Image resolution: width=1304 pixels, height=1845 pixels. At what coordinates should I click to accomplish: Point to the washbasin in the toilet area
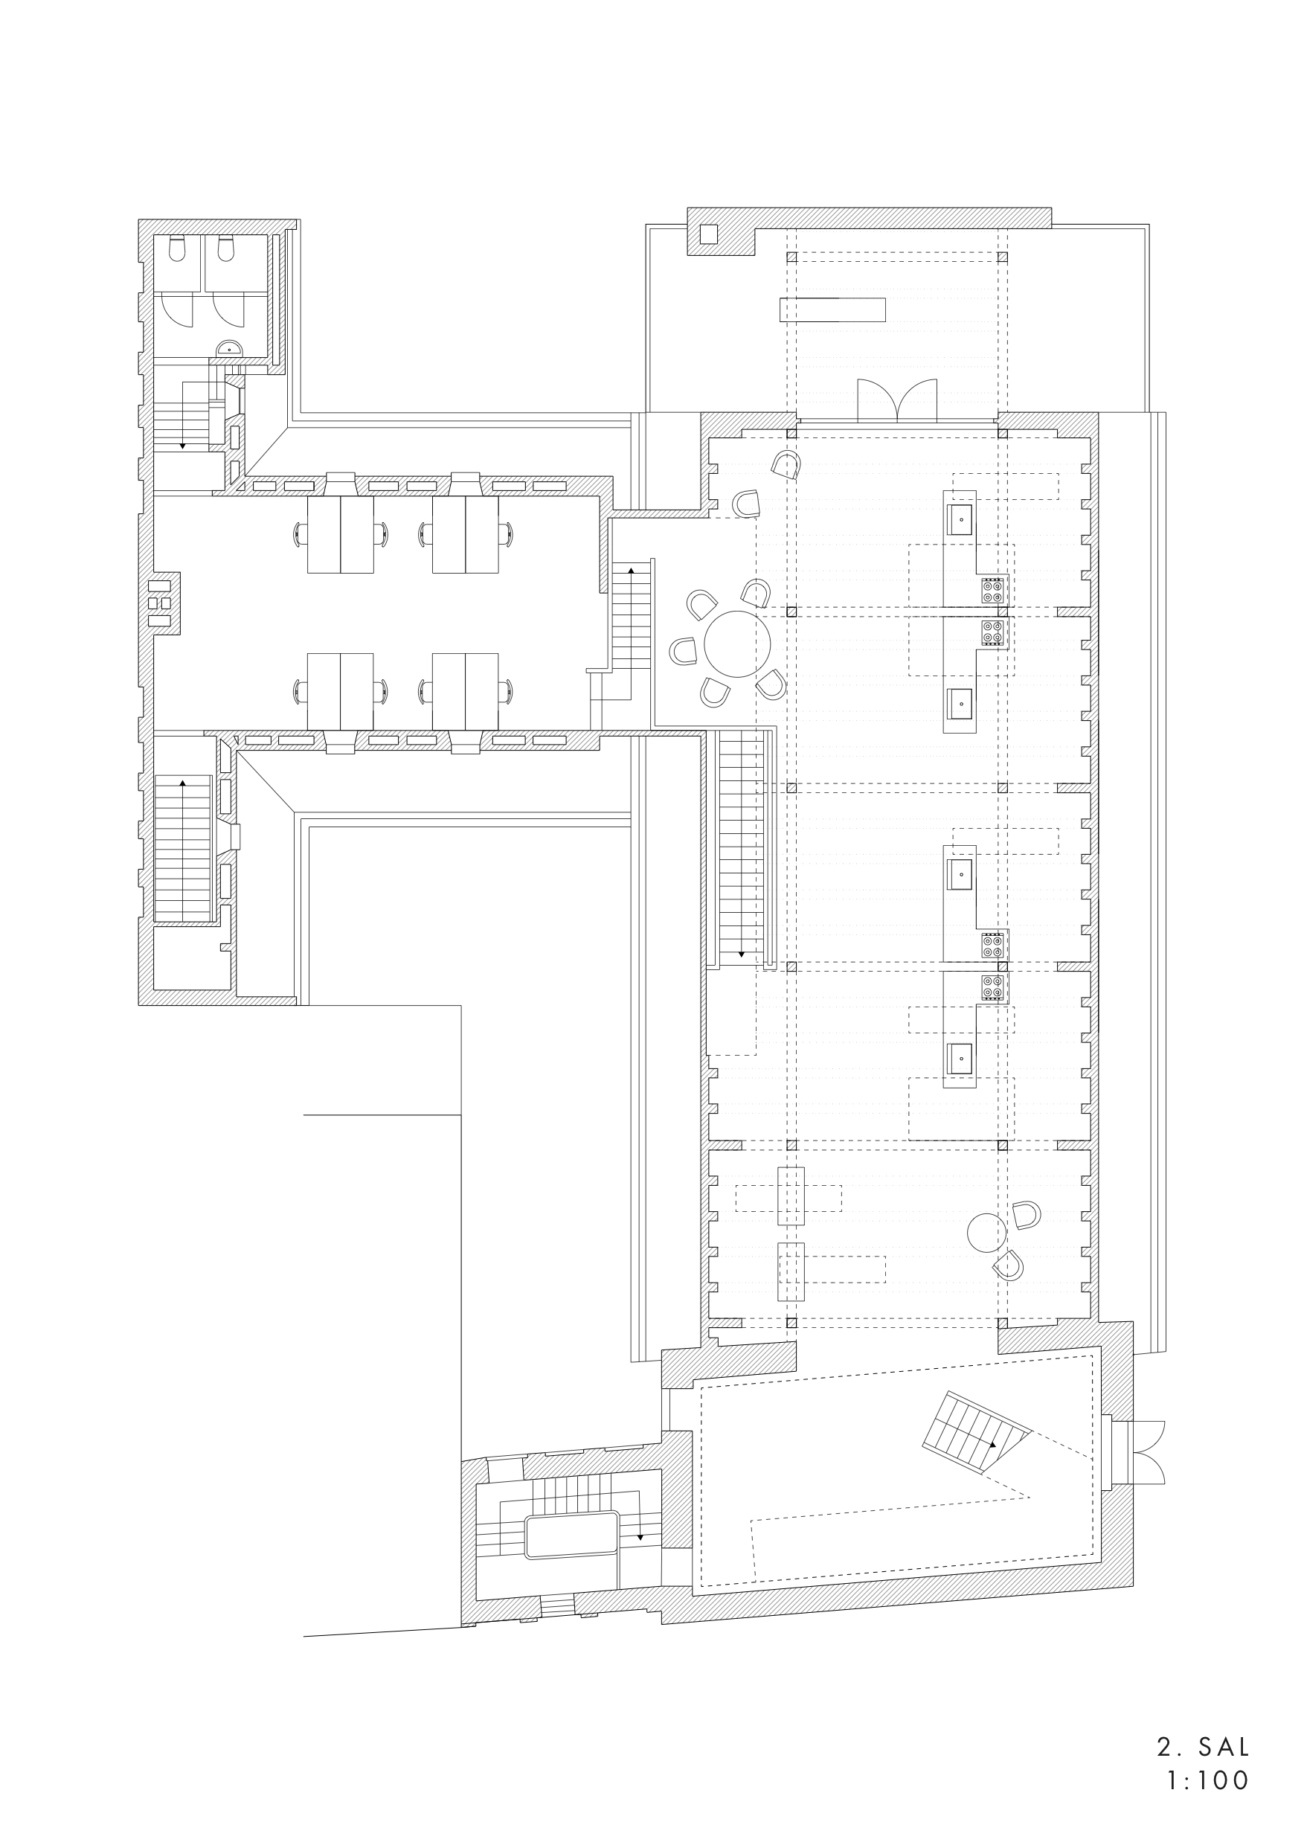pos(230,349)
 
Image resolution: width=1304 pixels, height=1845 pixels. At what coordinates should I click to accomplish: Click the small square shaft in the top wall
pos(709,234)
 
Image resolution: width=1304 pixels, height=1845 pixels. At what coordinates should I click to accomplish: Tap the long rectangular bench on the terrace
pos(832,309)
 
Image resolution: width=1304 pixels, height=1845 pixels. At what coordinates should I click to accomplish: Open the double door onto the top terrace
pos(896,401)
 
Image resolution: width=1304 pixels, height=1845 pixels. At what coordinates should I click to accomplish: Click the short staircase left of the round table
pos(631,615)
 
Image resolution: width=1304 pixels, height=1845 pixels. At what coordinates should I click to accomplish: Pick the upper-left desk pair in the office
pos(341,534)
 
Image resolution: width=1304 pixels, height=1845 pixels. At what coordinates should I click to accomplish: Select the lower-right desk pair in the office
pos(465,691)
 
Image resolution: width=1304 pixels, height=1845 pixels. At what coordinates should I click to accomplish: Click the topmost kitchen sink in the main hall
pos(960,519)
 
